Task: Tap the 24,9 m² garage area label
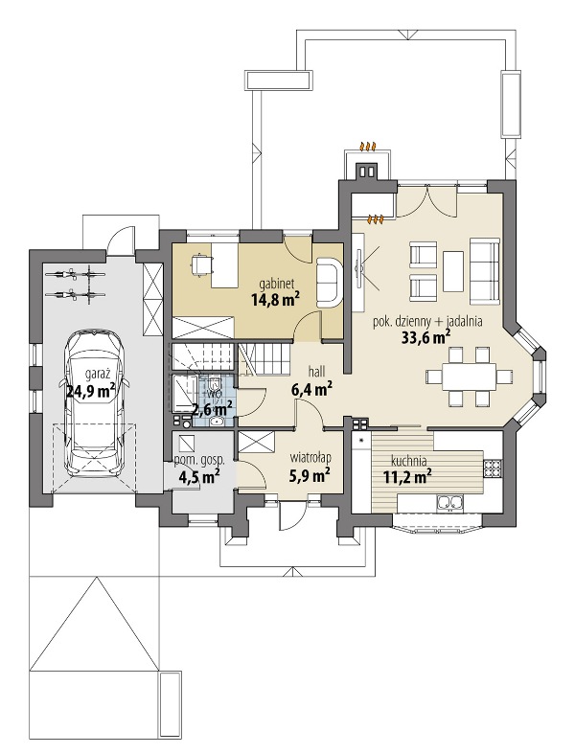pyautogui.click(x=91, y=391)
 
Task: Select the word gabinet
pyautogui.click(x=275, y=284)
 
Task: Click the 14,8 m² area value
pyautogui.click(x=275, y=299)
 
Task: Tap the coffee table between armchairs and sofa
pyautogui.click(x=453, y=271)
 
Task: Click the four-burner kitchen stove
pyautogui.click(x=493, y=466)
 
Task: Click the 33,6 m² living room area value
pyautogui.click(x=425, y=337)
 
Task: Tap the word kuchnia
pyautogui.click(x=409, y=460)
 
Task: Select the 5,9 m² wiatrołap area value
pyautogui.click(x=310, y=475)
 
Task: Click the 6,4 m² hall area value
pyautogui.click(x=312, y=389)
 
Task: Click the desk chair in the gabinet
pyautogui.click(x=200, y=264)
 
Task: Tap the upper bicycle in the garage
pyautogui.click(x=75, y=275)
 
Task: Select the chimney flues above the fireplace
pyautogui.click(x=367, y=171)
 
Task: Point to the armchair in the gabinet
pyautogui.click(x=330, y=285)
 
